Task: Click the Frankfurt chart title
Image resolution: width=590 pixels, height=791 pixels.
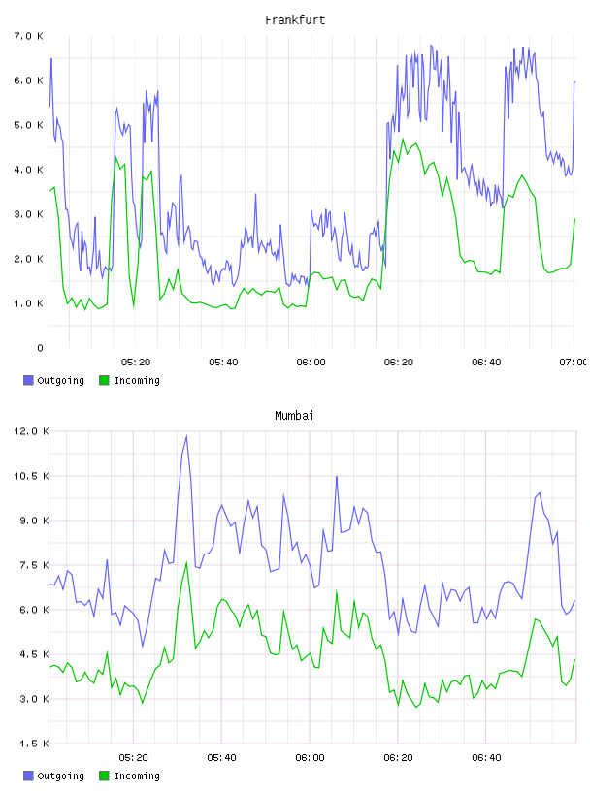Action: (295, 20)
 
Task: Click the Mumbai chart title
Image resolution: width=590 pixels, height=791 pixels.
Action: (294, 416)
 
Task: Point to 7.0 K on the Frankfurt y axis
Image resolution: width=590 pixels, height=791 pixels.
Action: (29, 36)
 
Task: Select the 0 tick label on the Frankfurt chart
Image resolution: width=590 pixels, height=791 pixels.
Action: (40, 348)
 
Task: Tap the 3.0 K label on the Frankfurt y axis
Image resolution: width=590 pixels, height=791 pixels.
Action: (29, 214)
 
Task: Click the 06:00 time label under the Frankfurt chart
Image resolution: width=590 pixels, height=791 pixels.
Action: (311, 363)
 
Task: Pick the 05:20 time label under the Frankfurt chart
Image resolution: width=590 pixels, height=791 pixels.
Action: (136, 363)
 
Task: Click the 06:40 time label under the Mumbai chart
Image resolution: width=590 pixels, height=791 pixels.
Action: (486, 758)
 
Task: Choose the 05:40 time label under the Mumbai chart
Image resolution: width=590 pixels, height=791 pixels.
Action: (222, 758)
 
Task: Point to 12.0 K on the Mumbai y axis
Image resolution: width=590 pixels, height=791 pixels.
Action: (31, 431)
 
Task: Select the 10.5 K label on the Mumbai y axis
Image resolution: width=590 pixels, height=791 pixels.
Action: (31, 476)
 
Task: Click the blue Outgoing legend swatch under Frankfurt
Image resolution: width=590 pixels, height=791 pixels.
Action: (28, 380)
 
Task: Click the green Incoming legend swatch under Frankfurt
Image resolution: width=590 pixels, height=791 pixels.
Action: (104, 380)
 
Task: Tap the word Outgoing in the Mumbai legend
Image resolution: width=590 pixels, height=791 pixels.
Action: (60, 775)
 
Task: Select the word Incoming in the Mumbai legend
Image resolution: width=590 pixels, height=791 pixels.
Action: (137, 775)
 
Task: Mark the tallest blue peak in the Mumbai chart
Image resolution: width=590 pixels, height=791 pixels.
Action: (187, 436)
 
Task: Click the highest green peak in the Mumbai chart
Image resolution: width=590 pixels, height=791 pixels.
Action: (187, 562)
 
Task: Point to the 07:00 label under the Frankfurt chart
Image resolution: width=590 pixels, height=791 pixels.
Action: (573, 363)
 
